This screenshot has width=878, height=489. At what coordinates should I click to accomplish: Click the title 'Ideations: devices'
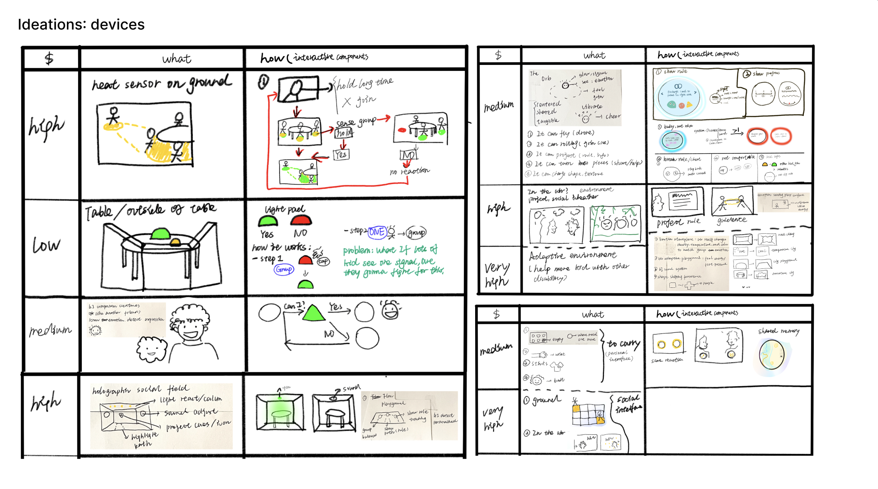(81, 24)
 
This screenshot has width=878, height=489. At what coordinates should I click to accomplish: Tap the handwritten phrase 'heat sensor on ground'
(161, 83)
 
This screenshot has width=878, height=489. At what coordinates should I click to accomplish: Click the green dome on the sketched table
(160, 233)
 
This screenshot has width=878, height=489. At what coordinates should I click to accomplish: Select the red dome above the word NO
(300, 221)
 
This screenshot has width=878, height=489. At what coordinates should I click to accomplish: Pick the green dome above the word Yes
(267, 221)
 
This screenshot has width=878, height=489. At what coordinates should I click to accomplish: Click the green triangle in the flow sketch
(313, 313)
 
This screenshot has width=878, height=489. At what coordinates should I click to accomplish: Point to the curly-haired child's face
(192, 327)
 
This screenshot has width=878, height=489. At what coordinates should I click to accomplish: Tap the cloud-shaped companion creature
(151, 349)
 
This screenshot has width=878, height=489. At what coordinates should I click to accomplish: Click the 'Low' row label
(46, 245)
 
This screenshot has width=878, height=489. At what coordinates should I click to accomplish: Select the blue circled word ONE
(377, 232)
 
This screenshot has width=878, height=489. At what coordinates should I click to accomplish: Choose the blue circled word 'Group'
(284, 269)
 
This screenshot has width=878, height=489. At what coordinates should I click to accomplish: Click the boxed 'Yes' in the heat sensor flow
(341, 155)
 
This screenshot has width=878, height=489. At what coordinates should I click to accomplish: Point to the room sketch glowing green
(279, 412)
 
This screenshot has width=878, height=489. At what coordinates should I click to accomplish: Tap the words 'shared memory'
(779, 331)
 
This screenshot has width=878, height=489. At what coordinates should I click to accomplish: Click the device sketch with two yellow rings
(668, 345)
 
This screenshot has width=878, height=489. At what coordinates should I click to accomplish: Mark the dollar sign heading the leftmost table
(49, 58)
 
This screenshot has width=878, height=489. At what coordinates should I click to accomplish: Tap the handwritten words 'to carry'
(623, 344)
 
